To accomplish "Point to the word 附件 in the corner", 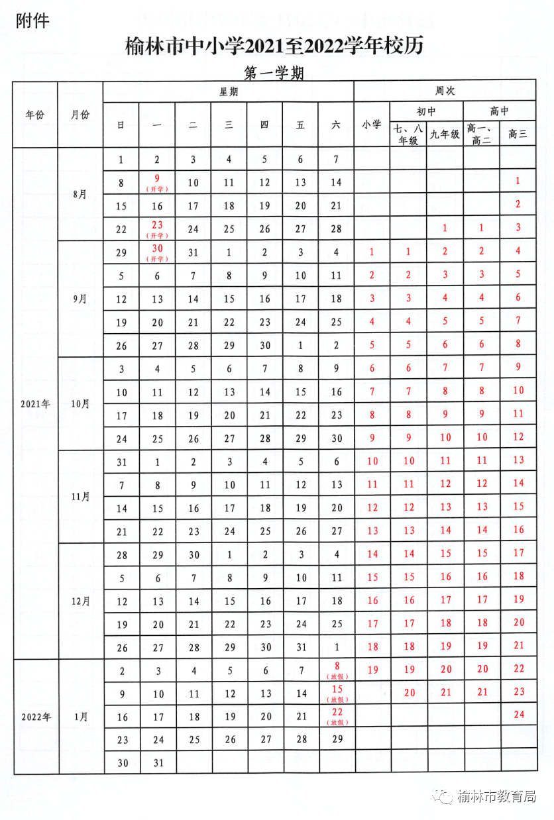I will pos(32,21).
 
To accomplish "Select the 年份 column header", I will pos(34,115).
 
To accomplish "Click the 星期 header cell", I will pos(229,92).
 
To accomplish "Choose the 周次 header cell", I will pos(445,91).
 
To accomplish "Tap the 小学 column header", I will pos(372,124).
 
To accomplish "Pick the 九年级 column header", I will pos(445,134).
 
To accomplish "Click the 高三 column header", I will pos(518,134).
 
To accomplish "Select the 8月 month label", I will pos(80,194).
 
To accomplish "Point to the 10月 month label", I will pos(80,403).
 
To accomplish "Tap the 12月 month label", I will pos(80,601).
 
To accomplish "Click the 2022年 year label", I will pos(34,717).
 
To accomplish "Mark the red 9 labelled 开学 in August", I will pos(157,179).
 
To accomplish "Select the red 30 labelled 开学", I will pos(157,249).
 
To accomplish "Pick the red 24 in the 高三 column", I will pos(518,714).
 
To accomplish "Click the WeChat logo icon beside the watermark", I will pos(444,797).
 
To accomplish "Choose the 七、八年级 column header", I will pos(408,134).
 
